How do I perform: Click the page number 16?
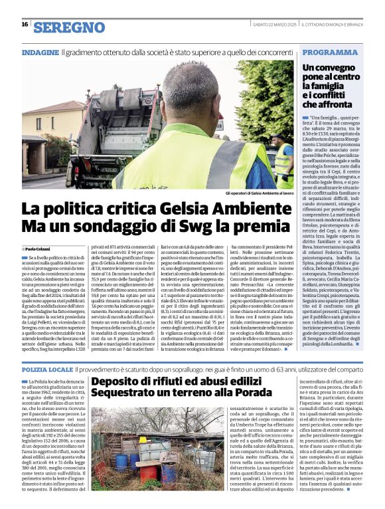[25, 25]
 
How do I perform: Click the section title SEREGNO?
[69, 27]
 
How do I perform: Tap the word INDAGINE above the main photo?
[40, 52]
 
